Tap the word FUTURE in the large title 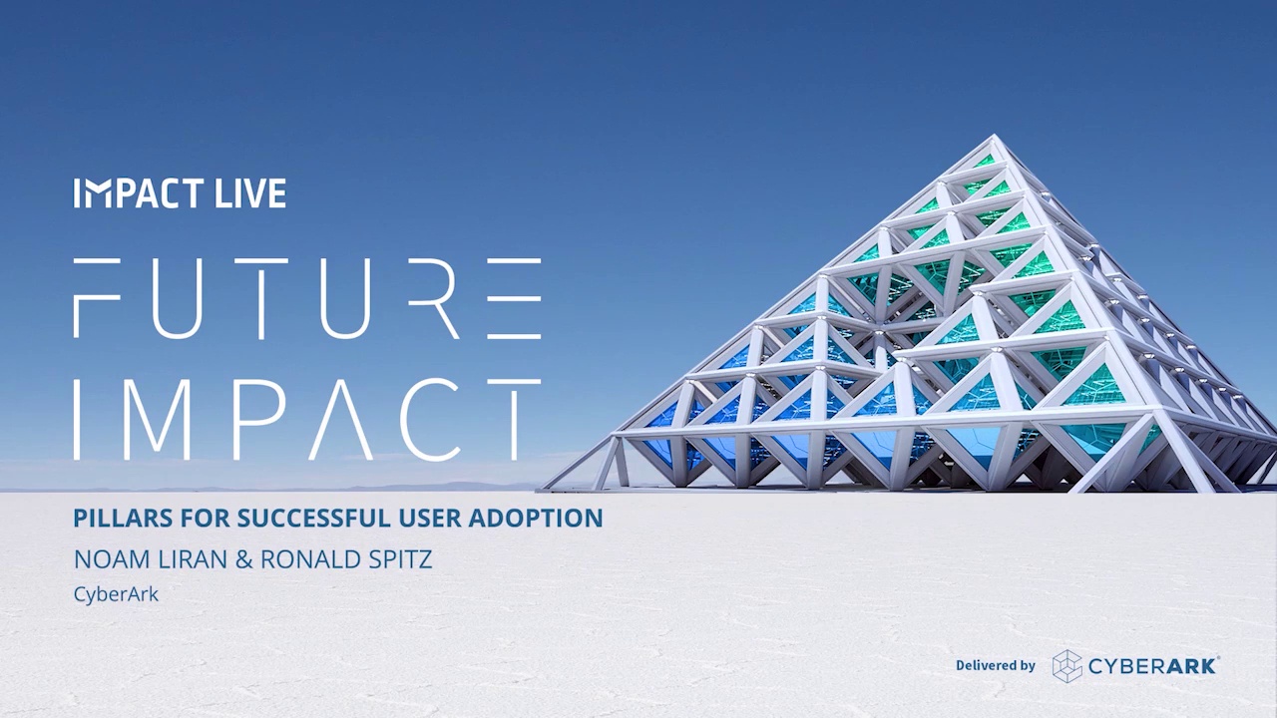(x=307, y=297)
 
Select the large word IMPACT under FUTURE (x=307, y=419)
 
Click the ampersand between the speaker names (x=244, y=559)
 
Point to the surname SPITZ (x=400, y=559)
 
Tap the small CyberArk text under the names (x=116, y=594)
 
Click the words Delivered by (x=995, y=665)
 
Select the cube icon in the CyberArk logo (x=1067, y=665)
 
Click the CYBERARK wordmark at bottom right (x=1153, y=665)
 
